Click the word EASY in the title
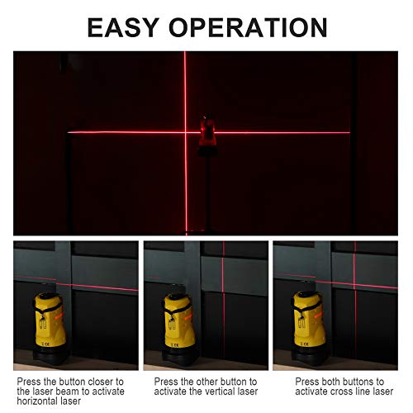135,27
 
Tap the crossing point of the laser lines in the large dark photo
184,131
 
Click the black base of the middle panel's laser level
179,357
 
